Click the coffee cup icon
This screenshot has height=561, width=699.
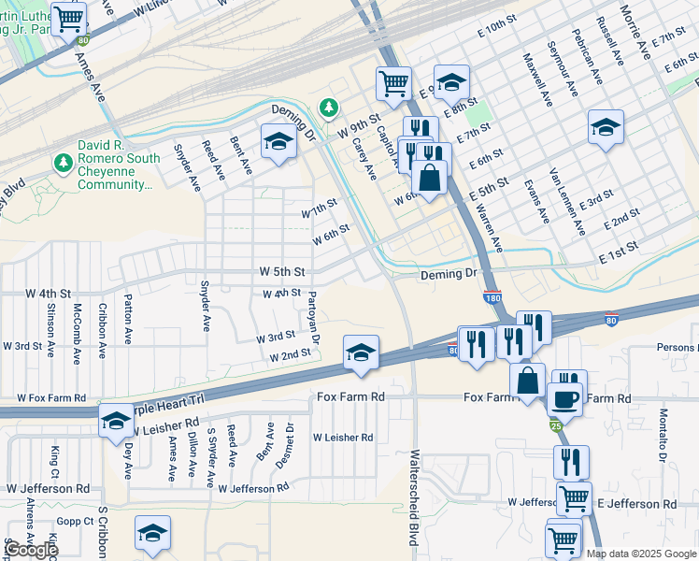click(563, 399)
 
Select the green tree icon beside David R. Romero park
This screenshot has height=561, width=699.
click(64, 165)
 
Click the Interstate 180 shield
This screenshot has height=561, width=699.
click(492, 297)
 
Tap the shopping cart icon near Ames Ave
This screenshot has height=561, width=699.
click(68, 19)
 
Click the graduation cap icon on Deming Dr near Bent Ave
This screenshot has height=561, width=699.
click(278, 142)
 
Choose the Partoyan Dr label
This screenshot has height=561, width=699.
click(314, 315)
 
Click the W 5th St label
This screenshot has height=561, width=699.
click(282, 272)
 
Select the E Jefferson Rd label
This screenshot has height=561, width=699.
click(636, 504)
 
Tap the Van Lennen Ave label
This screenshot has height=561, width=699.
click(567, 201)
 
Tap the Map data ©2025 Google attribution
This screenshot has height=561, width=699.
click(641, 554)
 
